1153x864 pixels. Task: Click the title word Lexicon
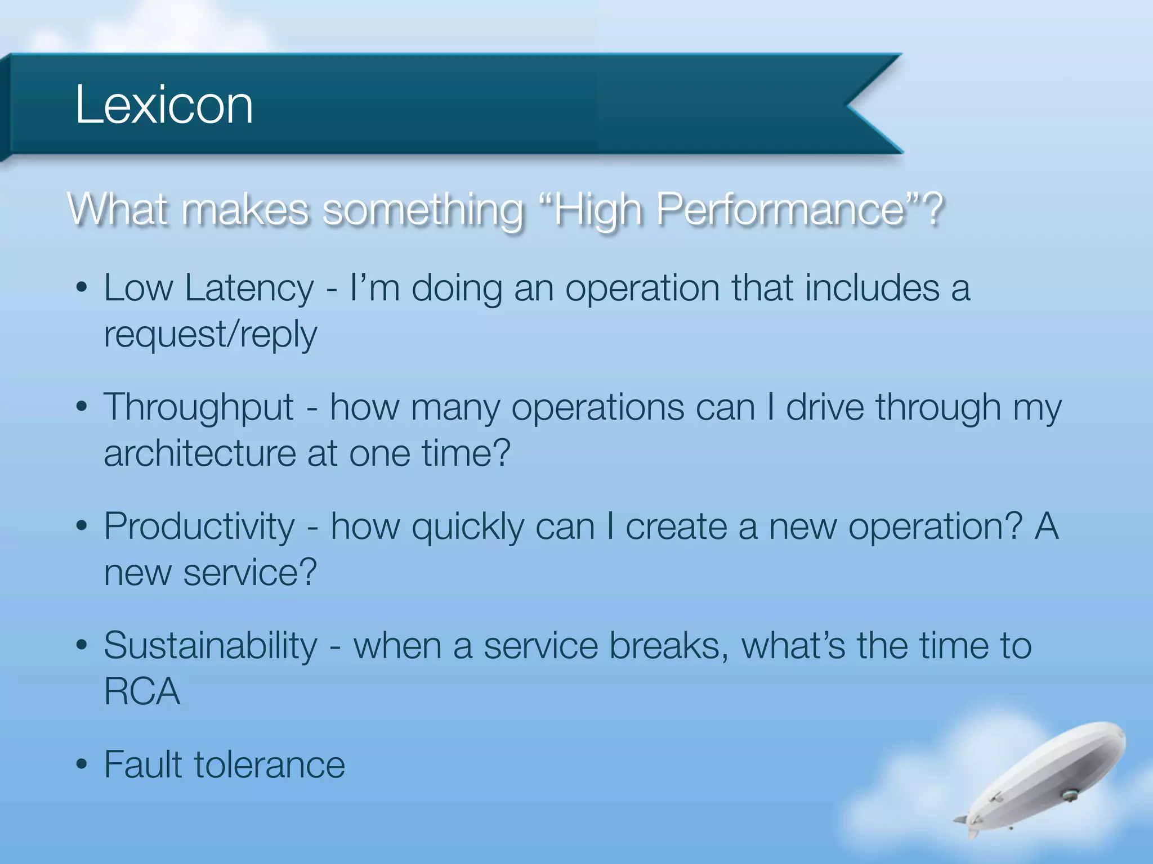tap(164, 105)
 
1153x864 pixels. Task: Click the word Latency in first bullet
tap(249, 288)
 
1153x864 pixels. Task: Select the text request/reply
tap(211, 334)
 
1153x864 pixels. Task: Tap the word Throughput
tap(199, 407)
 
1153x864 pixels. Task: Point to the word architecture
tap(200, 453)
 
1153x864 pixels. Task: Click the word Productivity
tap(199, 526)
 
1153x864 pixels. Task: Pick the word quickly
tap(468, 528)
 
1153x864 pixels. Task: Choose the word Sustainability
tap(211, 646)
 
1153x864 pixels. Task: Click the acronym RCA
tap(142, 692)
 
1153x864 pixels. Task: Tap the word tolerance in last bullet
tap(269, 765)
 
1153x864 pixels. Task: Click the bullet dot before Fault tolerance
tap(82, 765)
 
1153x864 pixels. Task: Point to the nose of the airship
tap(1120, 735)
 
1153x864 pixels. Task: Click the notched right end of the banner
tap(867, 105)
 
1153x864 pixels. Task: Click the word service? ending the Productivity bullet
tap(250, 573)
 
